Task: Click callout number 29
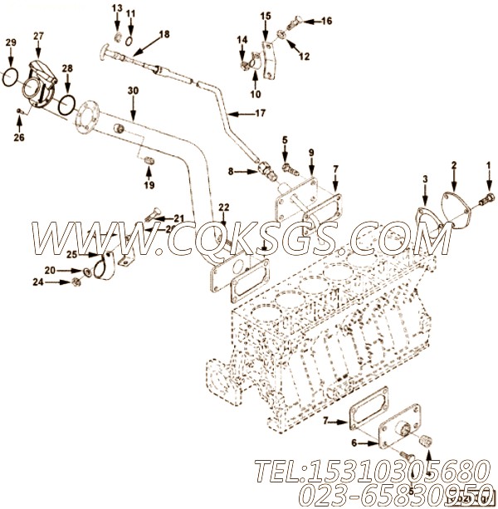(x=10, y=42)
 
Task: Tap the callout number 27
(x=38, y=37)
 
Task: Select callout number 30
(x=133, y=90)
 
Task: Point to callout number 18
(x=164, y=34)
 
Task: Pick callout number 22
(x=223, y=207)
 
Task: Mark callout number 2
(x=453, y=166)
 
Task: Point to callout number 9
(x=311, y=152)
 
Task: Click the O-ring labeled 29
(x=9, y=76)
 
